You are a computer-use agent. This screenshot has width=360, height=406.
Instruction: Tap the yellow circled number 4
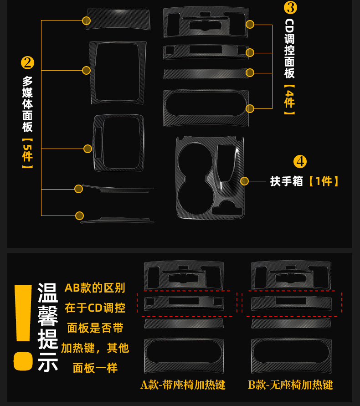(x=300, y=161)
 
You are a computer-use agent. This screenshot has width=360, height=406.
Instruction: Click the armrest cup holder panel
(x=210, y=175)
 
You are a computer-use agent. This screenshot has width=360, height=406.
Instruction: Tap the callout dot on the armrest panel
(x=245, y=181)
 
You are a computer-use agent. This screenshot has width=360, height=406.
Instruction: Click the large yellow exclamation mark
(x=23, y=326)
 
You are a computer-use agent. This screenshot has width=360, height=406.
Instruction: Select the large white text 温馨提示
(x=48, y=326)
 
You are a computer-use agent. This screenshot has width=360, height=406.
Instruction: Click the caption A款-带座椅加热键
(x=183, y=385)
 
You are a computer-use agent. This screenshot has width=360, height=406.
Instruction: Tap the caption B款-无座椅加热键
(x=290, y=385)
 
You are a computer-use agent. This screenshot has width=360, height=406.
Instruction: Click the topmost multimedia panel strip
(x=118, y=19)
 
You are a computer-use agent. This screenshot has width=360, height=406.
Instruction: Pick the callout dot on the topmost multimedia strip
(x=86, y=21)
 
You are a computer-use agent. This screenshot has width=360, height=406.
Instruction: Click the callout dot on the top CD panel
(x=250, y=24)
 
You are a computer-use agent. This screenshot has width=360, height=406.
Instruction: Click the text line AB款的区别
(x=95, y=288)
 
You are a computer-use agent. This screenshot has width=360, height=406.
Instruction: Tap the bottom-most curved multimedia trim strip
(x=118, y=221)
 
